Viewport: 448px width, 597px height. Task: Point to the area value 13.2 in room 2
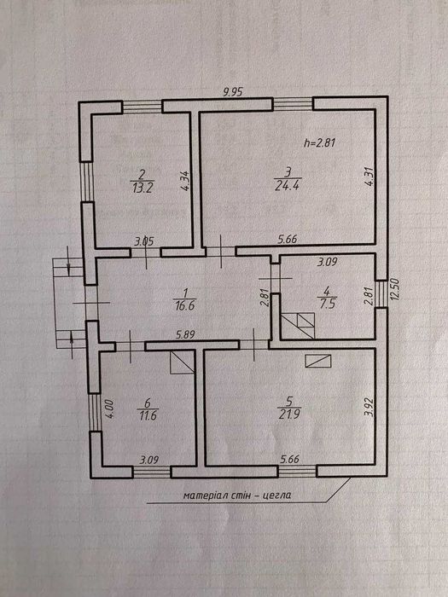tap(142, 186)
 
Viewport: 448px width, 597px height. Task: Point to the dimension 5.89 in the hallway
tap(186, 335)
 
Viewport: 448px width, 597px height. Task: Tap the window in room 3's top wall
tap(293, 105)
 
